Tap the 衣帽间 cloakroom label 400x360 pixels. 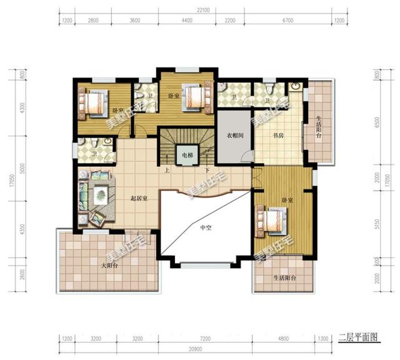click(x=234, y=135)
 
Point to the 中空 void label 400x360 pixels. click(x=206, y=227)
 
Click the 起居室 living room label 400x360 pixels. click(x=138, y=199)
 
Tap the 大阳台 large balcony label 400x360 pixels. click(x=109, y=266)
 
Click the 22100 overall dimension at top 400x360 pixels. click(x=199, y=10)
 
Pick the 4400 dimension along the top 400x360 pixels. click(x=187, y=21)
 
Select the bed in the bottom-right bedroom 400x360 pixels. click(x=271, y=221)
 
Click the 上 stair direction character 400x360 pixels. click(x=166, y=169)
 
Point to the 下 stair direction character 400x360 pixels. click(x=206, y=169)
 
